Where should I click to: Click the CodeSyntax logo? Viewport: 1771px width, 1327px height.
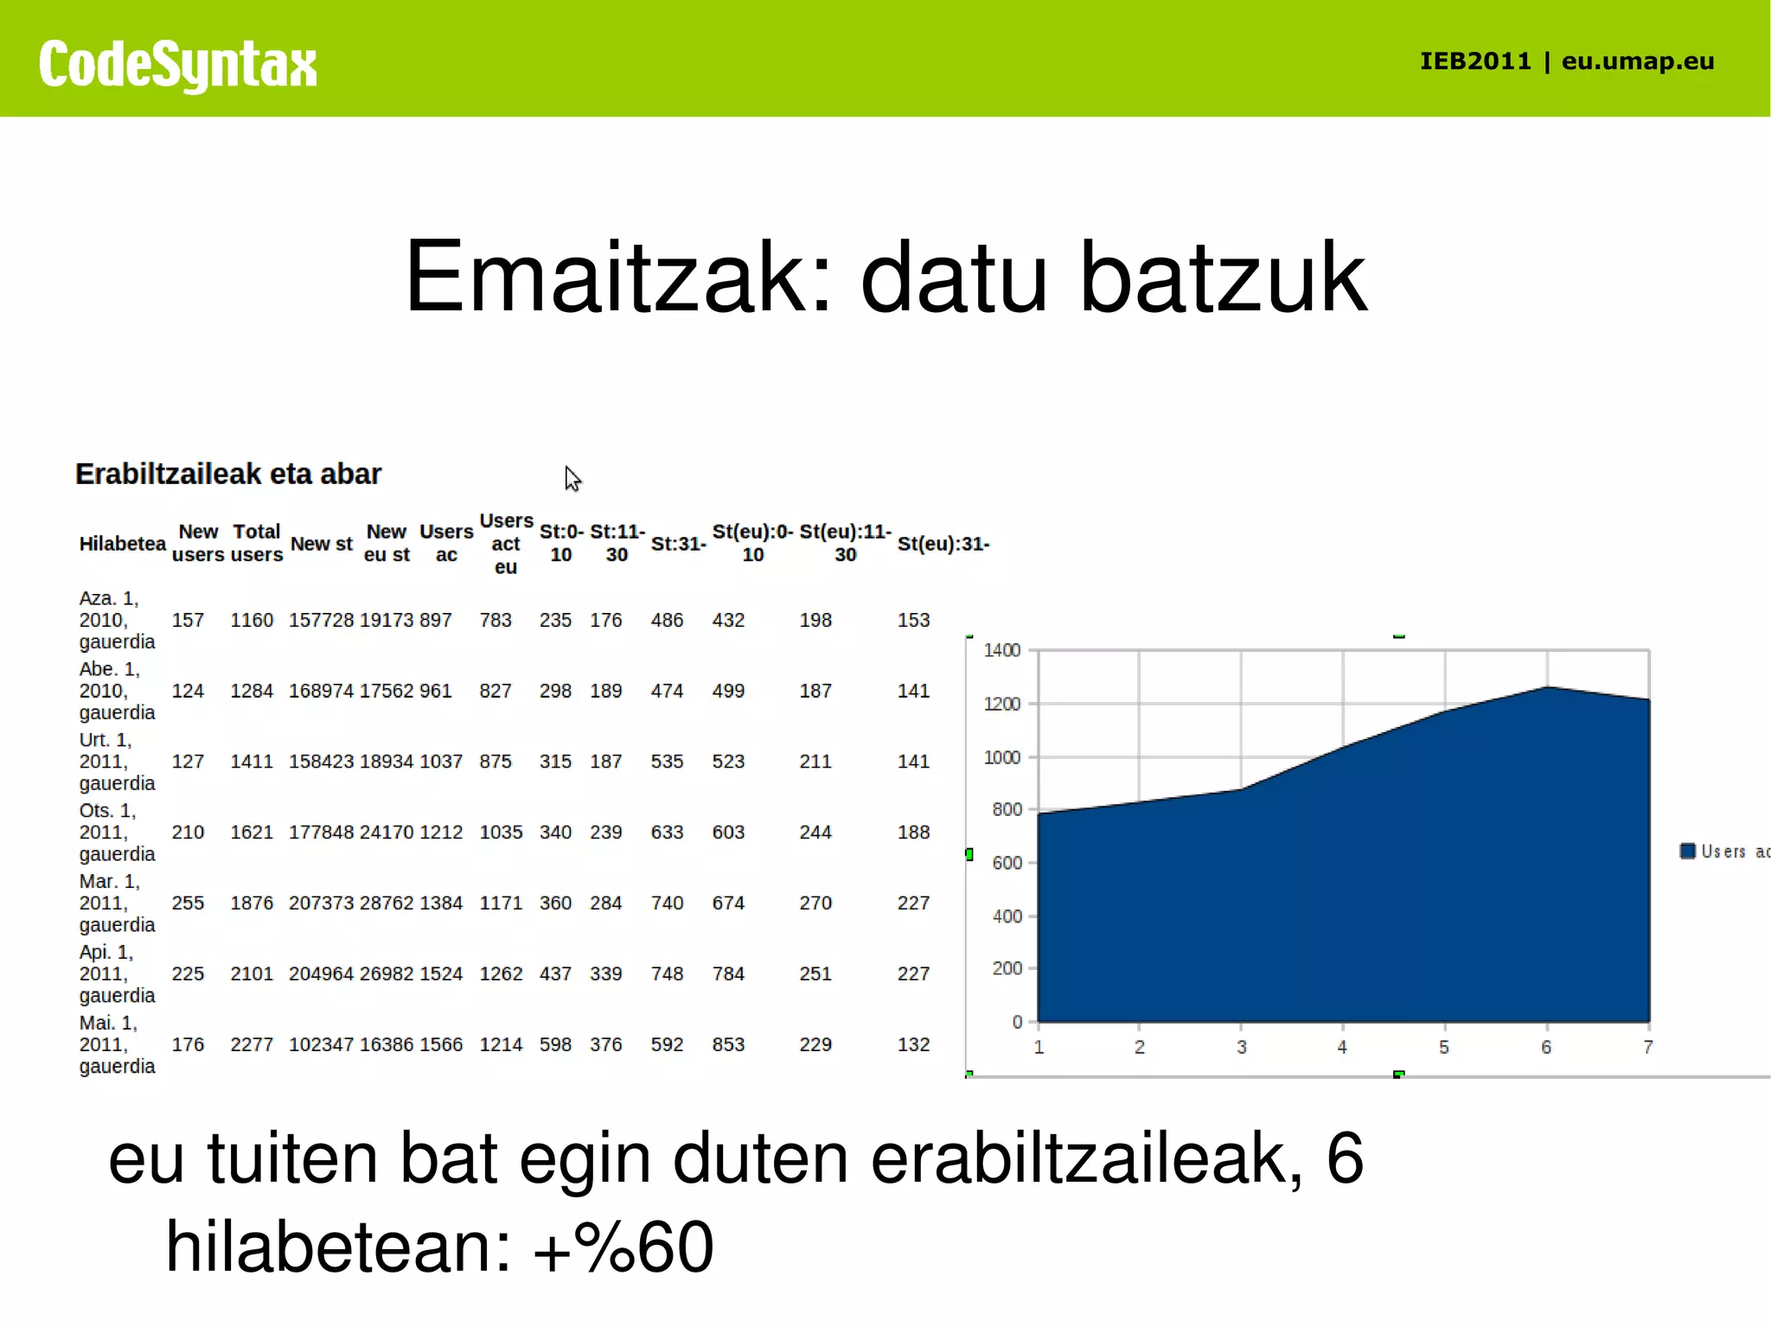(177, 65)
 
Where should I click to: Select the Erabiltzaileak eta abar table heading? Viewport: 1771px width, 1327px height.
(227, 474)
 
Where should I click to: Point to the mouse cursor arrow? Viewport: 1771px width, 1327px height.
(572, 478)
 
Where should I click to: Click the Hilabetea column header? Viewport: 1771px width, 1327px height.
(122, 544)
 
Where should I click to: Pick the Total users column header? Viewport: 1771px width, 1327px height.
(257, 543)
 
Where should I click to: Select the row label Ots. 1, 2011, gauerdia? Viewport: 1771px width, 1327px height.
(117, 832)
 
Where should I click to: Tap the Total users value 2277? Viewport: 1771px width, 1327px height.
(251, 1044)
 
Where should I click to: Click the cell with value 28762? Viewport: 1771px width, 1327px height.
(387, 903)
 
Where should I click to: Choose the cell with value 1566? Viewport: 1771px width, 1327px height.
(441, 1044)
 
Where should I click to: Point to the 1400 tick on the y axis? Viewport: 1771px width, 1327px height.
(1002, 650)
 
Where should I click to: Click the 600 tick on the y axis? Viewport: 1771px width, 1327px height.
(1007, 863)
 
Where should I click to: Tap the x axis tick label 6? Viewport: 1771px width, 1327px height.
(1546, 1047)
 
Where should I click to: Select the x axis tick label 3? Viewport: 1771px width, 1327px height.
(1241, 1047)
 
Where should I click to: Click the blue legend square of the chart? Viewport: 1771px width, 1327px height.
(1687, 852)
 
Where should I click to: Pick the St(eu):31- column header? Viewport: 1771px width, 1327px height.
(943, 544)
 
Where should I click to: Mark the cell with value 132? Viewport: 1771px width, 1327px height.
(913, 1044)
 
